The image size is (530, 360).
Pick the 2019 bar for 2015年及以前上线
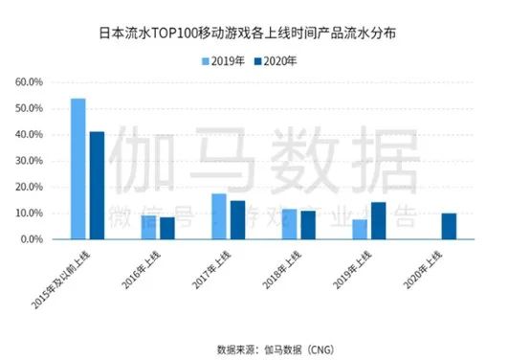tap(77, 169)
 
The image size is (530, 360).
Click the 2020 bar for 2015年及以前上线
tap(97, 185)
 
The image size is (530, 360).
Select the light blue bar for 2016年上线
tap(148, 228)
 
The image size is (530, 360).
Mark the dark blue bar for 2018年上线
tap(308, 225)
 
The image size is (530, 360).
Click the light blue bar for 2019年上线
tap(360, 230)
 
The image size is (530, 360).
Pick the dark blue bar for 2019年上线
tap(379, 221)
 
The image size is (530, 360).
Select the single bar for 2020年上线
tap(449, 227)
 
